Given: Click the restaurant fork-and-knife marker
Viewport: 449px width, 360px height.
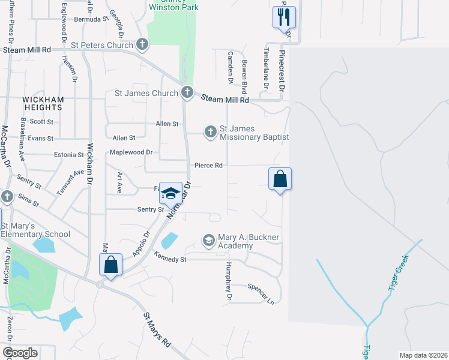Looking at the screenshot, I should [x=284, y=17].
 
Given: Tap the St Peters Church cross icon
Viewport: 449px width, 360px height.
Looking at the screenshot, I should [x=142, y=44].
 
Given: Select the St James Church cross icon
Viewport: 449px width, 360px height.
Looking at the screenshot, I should [x=187, y=92].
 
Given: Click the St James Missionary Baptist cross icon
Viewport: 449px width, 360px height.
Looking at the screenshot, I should [x=210, y=131].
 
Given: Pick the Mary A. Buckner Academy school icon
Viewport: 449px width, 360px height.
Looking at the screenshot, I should [x=208, y=241].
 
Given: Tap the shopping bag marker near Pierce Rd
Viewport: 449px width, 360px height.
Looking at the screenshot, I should [x=280, y=179].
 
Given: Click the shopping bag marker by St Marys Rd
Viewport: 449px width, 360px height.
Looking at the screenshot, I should [x=111, y=265].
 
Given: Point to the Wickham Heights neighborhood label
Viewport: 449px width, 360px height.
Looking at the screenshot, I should [x=42, y=103].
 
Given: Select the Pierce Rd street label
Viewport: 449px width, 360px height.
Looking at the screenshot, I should [x=208, y=165].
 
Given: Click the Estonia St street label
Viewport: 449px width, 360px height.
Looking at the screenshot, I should [x=67, y=154].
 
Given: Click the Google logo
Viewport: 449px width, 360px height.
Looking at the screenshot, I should [x=20, y=352].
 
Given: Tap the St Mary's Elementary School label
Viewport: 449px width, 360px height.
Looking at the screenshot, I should [x=35, y=230].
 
